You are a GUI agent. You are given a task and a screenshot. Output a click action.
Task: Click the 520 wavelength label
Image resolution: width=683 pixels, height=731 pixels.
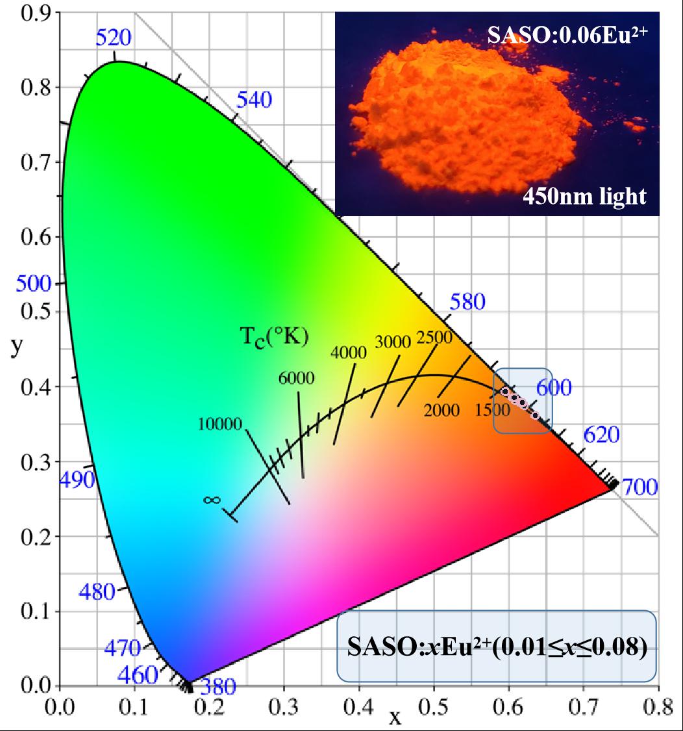114,38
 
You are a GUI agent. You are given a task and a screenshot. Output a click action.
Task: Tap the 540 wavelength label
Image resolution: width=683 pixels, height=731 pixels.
254,100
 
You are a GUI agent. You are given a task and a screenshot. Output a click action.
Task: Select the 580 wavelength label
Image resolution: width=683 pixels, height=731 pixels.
467,302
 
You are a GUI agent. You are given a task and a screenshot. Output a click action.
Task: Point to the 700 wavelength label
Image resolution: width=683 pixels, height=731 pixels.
641,486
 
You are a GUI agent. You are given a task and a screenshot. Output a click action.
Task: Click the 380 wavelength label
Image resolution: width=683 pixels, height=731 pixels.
218,687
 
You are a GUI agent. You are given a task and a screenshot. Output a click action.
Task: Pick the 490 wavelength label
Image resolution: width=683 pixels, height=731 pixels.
77,480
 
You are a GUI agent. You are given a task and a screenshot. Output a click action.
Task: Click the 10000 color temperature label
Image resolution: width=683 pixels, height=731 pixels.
220,424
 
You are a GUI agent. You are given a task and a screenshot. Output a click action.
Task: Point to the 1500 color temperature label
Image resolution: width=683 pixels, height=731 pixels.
493,410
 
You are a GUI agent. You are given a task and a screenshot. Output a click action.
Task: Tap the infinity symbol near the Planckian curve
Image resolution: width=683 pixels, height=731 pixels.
212,500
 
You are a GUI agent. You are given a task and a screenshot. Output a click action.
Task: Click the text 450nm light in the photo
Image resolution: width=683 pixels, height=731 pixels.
585,195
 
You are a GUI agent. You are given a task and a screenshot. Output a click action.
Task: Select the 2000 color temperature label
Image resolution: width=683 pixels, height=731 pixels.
441,410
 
